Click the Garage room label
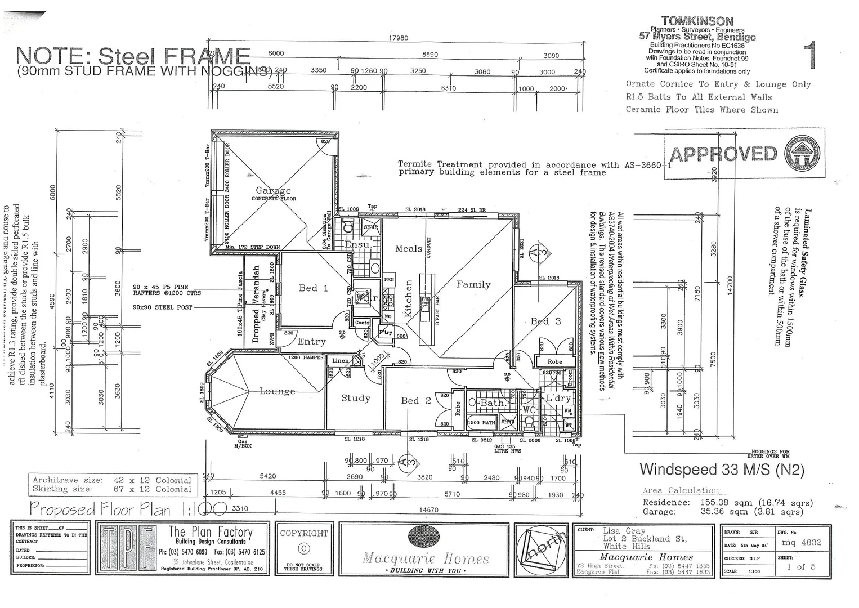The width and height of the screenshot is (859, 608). pyautogui.click(x=273, y=191)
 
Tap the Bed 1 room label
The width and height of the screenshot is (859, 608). pyautogui.click(x=313, y=288)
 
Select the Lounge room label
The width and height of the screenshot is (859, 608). pyautogui.click(x=277, y=391)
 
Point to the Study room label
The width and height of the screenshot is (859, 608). pyautogui.click(x=355, y=399)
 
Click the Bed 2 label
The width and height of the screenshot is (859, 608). pyautogui.click(x=415, y=401)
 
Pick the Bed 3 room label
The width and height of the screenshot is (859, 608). pyautogui.click(x=545, y=321)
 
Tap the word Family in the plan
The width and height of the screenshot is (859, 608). pyautogui.click(x=473, y=285)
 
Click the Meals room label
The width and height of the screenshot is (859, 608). pyautogui.click(x=408, y=249)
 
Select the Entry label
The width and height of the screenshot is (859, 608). pyautogui.click(x=311, y=342)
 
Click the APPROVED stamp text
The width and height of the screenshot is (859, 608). pyautogui.click(x=723, y=154)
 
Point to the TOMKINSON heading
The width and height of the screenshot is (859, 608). pyautogui.click(x=697, y=21)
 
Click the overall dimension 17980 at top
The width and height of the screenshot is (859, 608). pyautogui.click(x=398, y=38)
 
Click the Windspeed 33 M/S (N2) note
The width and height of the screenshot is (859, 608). pyautogui.click(x=722, y=470)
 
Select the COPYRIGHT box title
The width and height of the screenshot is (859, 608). pyautogui.click(x=304, y=533)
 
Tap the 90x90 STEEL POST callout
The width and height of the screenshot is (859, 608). pyautogui.click(x=162, y=307)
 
